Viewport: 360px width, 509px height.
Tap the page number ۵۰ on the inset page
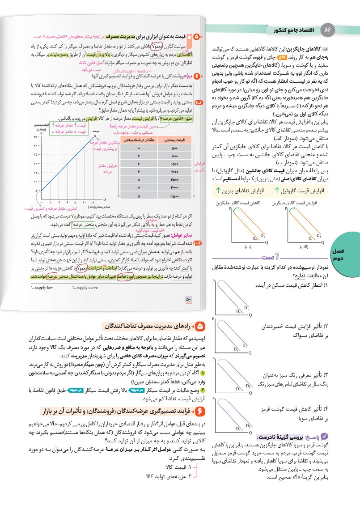point(188,300)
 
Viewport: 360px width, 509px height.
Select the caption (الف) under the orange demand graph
point(304,246)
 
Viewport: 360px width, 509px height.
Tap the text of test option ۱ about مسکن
point(287,285)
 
